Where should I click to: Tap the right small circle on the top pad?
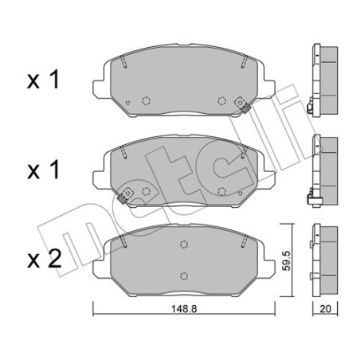click(x=222, y=100)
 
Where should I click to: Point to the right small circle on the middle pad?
click(x=222, y=190)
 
